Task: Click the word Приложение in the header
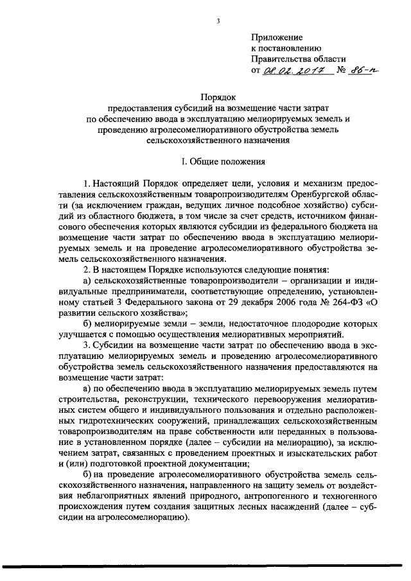[276, 38]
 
